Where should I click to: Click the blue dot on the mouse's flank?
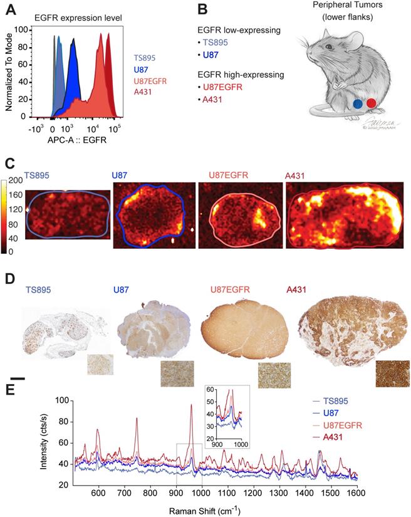357,104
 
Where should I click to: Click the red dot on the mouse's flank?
371,103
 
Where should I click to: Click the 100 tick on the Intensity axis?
60,400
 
